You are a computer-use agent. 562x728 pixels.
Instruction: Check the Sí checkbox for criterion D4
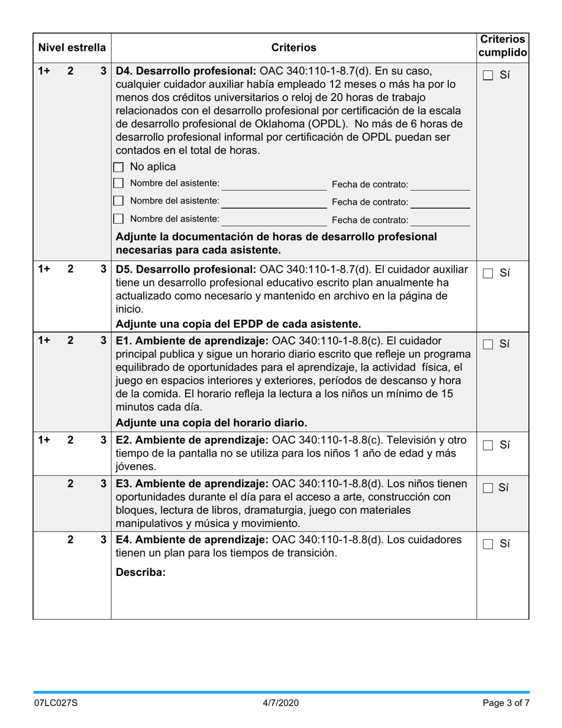pos(487,75)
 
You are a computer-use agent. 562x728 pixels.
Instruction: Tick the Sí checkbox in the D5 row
pos(487,273)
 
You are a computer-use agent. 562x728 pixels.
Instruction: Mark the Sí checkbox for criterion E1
pos(487,344)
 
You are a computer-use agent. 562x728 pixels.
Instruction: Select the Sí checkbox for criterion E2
pos(487,446)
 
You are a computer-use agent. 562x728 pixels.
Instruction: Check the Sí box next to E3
pos(487,488)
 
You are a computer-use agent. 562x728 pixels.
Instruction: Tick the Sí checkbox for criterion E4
pos(487,545)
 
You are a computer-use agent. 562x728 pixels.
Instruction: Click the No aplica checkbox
pos(118,167)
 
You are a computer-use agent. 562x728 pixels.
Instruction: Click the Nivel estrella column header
pos(72,47)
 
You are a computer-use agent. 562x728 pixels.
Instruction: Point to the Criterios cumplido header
pos(502,46)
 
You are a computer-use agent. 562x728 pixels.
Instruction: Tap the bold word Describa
pos(141,573)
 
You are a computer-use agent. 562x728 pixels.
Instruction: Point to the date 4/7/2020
pos(281,703)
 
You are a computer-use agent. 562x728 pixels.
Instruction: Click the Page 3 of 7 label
pos(506,703)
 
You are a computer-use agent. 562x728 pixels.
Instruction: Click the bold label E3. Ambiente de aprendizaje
pos(192,484)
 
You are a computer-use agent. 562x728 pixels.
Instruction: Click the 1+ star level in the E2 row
pos(44,440)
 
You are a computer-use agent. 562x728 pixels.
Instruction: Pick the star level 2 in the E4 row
pos(70,540)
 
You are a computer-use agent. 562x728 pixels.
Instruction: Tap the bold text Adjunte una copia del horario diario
pos(211,423)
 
